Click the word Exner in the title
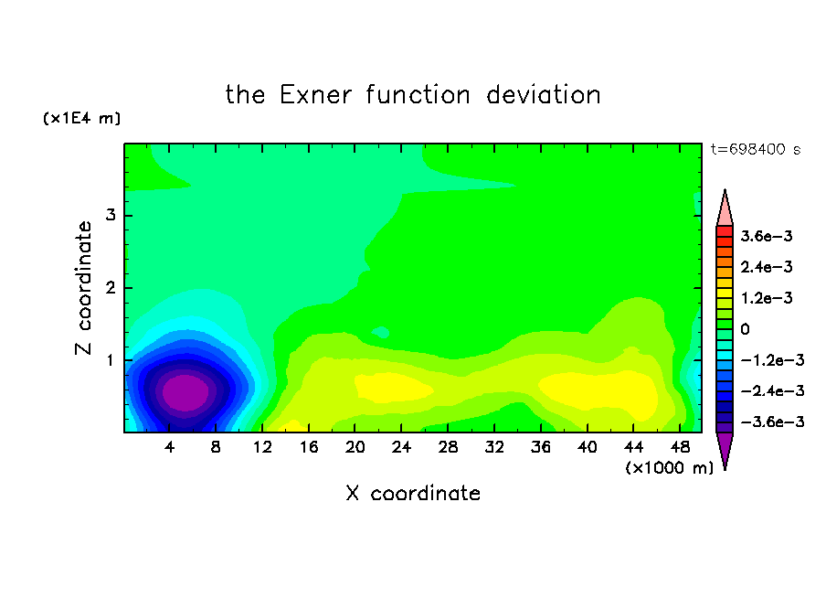click(x=315, y=95)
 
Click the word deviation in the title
click(x=543, y=95)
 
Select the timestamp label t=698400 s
click(x=756, y=150)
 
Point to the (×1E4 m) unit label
click(x=81, y=118)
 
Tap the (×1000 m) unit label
click(x=669, y=468)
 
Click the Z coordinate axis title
click(x=83, y=287)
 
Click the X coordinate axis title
click(x=413, y=494)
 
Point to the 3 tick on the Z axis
click(x=111, y=215)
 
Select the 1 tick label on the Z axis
click(x=111, y=360)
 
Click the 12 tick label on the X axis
click(x=262, y=448)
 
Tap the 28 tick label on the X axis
click(x=448, y=448)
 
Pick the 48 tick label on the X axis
click(x=680, y=448)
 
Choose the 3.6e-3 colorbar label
click(x=767, y=236)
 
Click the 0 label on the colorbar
click(x=745, y=329)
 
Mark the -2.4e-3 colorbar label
click(x=773, y=391)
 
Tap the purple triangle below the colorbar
click(x=725, y=448)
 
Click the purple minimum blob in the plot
click(x=185, y=393)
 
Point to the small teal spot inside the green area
click(x=380, y=332)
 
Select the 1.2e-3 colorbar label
click(x=767, y=298)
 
